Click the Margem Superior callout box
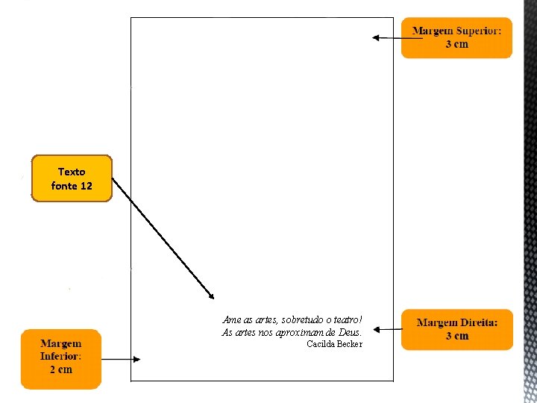click(456, 38)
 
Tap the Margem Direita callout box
click(457, 330)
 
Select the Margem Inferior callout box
click(61, 359)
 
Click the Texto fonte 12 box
click(72, 178)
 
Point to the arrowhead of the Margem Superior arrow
click(376, 38)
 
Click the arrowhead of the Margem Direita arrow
click(377, 330)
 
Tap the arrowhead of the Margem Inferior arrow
click(136, 359)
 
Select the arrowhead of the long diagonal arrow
click(210, 296)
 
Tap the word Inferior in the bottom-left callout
click(60, 356)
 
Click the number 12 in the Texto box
click(87, 186)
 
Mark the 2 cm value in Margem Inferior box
click(61, 369)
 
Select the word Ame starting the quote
click(231, 319)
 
